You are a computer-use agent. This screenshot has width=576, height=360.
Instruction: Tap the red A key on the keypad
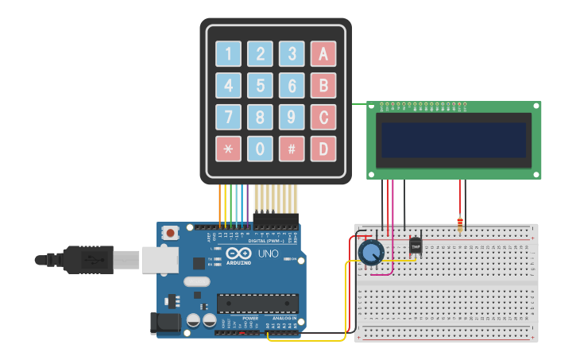pos(323,54)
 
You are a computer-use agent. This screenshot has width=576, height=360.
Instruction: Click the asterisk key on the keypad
pos(228,148)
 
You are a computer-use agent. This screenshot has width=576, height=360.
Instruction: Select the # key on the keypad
pos(292,148)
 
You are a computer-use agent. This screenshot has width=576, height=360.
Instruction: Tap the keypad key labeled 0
pos(260,148)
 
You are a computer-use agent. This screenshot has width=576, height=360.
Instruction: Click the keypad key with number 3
pos(292,54)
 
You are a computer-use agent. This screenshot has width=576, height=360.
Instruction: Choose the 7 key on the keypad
pos(228,117)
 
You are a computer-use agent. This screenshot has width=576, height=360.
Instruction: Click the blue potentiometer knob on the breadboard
pos(370,253)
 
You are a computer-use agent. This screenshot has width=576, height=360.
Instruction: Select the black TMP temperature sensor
pos(415,246)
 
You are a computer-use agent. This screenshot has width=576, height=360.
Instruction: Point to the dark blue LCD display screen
pos(454,140)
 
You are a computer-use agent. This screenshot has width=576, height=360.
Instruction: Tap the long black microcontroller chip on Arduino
pos(258,304)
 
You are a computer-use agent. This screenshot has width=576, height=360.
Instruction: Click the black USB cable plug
pos(87,259)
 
